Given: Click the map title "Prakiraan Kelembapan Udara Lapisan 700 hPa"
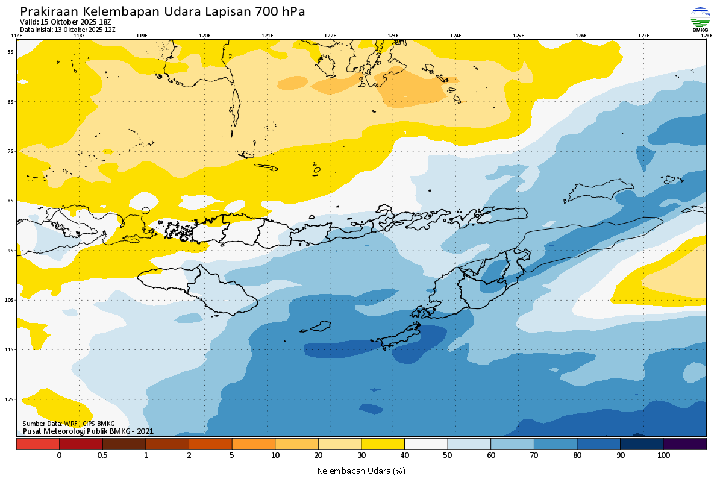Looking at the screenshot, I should click(163, 11).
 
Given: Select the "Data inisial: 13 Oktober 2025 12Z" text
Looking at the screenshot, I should click(67, 29).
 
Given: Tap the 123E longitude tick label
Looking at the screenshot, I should click(393, 36).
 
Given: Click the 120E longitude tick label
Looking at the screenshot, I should click(204, 36).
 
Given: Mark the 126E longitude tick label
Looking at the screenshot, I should click(581, 36).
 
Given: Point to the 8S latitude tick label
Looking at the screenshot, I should click(11, 201).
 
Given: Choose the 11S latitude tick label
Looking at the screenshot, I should click(11, 349).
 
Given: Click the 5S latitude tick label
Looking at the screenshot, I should click(11, 52).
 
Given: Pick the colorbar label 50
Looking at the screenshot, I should click(448, 455).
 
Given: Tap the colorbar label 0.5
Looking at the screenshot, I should click(102, 455).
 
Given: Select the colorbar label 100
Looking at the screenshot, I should click(663, 455).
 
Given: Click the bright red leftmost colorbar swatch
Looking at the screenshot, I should click(37, 444).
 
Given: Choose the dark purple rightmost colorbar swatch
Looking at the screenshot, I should click(684, 444).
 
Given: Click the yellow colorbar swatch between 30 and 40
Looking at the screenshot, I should click(383, 444).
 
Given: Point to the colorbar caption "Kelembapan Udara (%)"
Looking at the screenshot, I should click(361, 470).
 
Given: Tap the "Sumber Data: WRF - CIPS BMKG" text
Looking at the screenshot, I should click(68, 424).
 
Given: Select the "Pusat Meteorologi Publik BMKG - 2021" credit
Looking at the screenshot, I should click(88, 431).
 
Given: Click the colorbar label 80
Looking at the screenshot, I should click(577, 455).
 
